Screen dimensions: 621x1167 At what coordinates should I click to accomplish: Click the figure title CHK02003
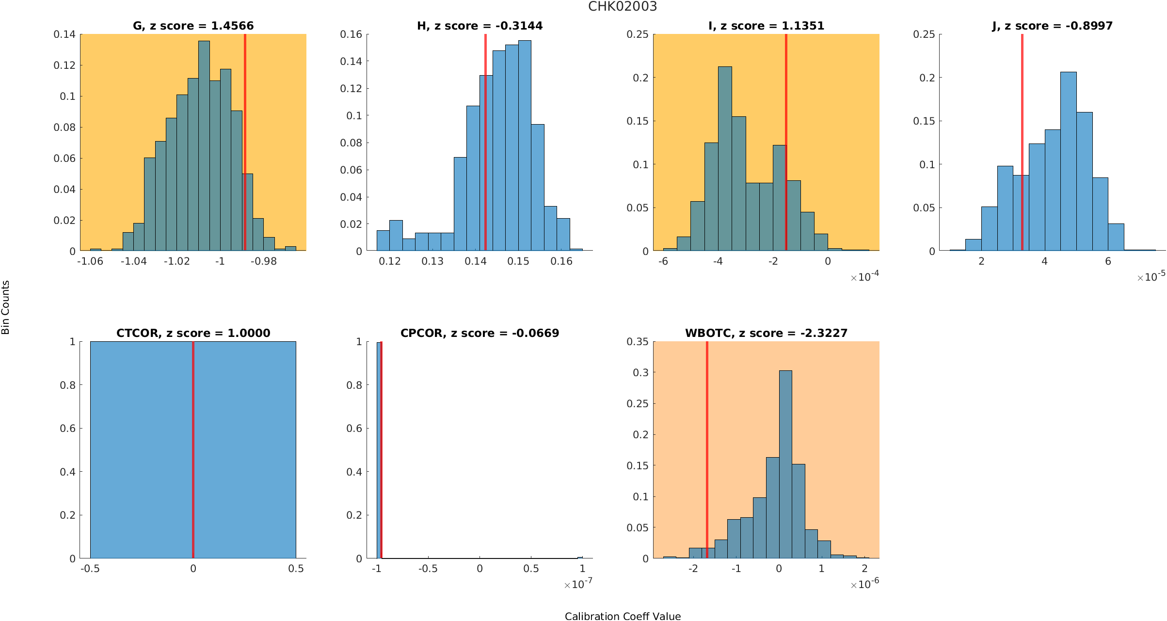pos(623,7)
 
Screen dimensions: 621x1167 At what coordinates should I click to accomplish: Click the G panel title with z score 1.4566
pos(193,26)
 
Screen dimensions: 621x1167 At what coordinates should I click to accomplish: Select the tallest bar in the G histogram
pos(204,145)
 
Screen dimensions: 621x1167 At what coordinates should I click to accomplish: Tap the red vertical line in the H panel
pos(485,145)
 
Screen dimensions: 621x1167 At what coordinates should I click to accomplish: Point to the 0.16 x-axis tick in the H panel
pos(561,262)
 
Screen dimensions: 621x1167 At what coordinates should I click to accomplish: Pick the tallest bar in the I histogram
pos(725,160)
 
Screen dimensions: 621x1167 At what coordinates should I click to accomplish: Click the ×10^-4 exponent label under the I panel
pos(864,277)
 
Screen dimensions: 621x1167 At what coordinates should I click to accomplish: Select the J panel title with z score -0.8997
pos(1052,26)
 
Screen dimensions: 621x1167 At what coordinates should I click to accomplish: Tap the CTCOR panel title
pos(193,333)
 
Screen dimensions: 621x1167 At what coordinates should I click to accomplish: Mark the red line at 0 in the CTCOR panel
pos(193,451)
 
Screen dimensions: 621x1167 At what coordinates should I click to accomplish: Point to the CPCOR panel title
pos(480,333)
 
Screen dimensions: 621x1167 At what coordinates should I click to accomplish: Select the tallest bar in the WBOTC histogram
pos(785,465)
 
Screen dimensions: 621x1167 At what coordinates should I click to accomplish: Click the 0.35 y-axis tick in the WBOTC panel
pos(637,342)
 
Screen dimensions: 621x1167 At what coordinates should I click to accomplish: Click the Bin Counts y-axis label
pos(6,307)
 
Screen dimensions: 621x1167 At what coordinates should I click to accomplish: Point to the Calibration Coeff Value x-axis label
pos(623,616)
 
